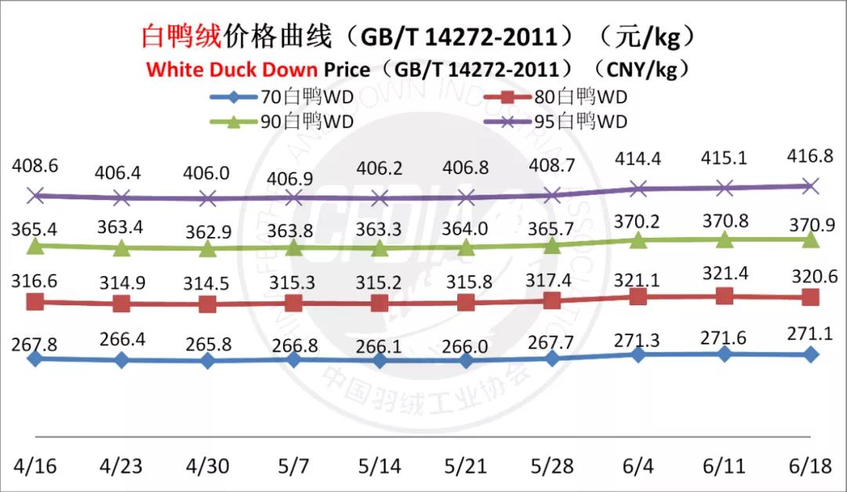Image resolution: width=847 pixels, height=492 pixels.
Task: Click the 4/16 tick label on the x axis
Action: click(34, 465)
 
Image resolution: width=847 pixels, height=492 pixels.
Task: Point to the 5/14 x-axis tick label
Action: click(379, 465)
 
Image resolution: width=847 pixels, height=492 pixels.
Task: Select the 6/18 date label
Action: click(810, 465)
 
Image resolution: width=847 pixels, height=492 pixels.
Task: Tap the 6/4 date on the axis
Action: click(638, 465)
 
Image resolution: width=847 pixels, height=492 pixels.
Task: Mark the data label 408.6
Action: click(35, 166)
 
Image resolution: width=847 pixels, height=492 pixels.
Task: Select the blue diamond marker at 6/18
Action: click(811, 355)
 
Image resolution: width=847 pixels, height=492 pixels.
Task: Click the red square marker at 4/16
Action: click(35, 301)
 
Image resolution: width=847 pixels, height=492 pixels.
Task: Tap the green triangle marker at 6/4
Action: click(638, 240)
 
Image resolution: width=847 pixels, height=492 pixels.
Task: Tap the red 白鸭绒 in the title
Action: click(182, 36)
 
